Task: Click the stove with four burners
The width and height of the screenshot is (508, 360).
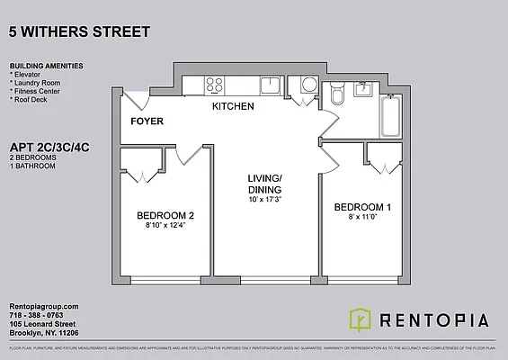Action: [x=215, y=85]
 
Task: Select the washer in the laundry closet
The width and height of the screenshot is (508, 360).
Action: [x=308, y=85]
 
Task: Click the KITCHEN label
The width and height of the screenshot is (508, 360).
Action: [x=232, y=107]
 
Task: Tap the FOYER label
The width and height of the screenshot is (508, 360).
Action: [x=147, y=121]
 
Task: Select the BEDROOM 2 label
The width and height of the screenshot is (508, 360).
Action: [x=165, y=215]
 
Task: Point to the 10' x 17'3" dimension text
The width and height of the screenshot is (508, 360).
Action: [x=264, y=199]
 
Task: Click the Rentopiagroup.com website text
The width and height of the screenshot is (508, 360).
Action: [x=44, y=307]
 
